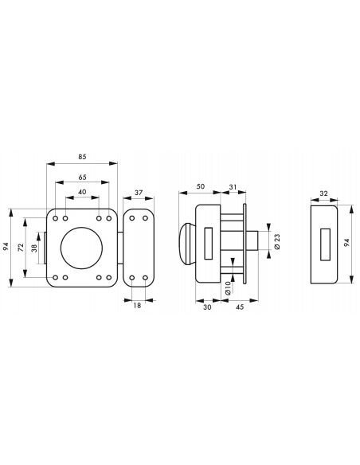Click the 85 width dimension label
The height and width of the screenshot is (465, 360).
pyautogui.click(x=82, y=156)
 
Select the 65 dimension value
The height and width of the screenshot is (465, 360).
pyautogui.click(x=82, y=177)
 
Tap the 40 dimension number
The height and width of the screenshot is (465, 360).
pyautogui.click(x=82, y=192)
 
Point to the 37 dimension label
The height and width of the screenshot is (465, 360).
pyautogui.click(x=139, y=193)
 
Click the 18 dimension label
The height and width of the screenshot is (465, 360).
pyautogui.click(x=137, y=305)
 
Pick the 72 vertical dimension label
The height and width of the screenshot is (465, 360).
pyautogui.click(x=21, y=248)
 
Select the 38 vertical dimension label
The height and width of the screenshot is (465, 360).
pyautogui.click(x=34, y=248)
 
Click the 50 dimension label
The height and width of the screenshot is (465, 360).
pyautogui.click(x=201, y=186)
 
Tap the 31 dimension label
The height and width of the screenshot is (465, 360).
pyautogui.click(x=233, y=187)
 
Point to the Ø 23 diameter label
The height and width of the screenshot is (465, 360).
pyautogui.click(x=277, y=242)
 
